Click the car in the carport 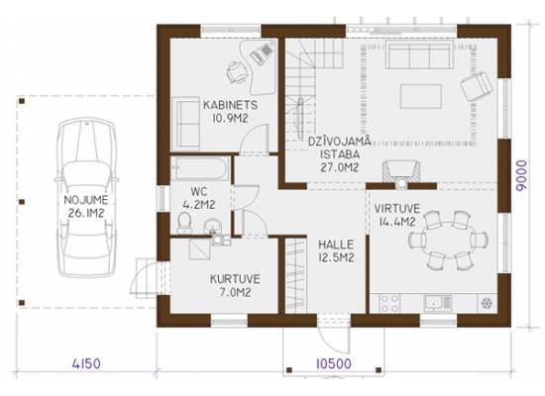point(86,197)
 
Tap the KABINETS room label point(231,105)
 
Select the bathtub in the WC point(200,169)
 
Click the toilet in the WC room point(184,223)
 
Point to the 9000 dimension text point(521,175)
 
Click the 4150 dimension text point(86,363)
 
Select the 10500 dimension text point(334,363)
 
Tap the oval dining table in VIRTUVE point(448,241)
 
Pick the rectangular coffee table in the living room point(420,96)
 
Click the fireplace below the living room point(401,172)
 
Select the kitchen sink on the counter point(437,303)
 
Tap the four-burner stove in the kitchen point(389,303)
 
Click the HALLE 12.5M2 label point(336,250)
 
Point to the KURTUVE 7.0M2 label point(235,285)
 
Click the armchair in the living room point(477,86)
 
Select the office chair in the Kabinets point(238,72)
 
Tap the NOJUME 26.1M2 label point(86,206)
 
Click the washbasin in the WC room point(211,226)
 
